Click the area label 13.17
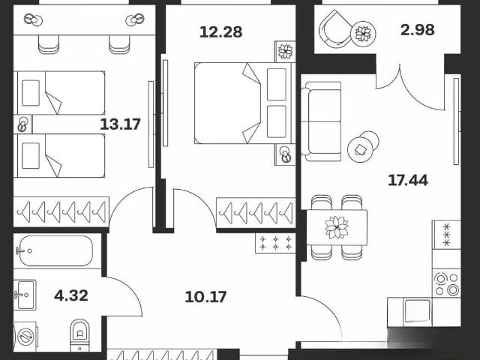(120, 124)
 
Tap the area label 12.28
(220, 31)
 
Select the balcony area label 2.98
(418, 30)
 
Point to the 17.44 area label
(408, 180)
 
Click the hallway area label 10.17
(205, 297)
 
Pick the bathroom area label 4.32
(71, 295)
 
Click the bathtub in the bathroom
(55, 250)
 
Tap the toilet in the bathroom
(80, 335)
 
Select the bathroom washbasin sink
(25, 295)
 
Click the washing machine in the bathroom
(25, 337)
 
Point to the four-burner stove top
(446, 283)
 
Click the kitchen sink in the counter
(417, 311)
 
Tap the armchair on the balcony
(335, 29)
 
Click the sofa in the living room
(321, 121)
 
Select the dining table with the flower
(337, 227)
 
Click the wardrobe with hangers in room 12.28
(256, 213)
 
